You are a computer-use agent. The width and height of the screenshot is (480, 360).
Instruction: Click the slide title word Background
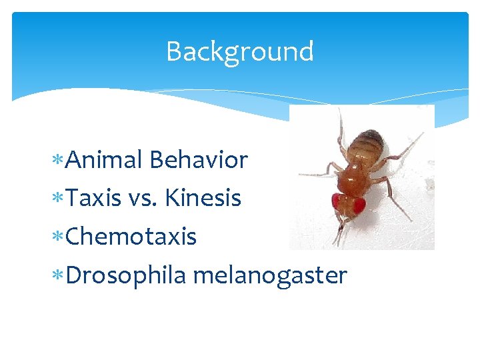coord(239,51)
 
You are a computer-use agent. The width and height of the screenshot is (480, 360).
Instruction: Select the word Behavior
coord(199,160)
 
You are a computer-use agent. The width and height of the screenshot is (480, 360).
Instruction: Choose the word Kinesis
coord(203,198)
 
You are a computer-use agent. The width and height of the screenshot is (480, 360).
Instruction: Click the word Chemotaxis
coord(131,236)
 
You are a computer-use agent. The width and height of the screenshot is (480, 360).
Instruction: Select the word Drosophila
coord(126,275)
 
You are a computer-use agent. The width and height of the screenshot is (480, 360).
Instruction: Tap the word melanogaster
coord(270,275)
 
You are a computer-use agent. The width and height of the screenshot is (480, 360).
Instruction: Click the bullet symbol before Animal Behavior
coord(62,161)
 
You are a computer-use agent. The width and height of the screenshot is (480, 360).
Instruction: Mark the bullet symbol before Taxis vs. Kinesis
coord(62,199)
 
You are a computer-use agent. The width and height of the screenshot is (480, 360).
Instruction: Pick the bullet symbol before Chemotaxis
coord(62,237)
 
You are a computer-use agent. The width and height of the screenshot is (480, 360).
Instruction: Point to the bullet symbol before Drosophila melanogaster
coord(62,275)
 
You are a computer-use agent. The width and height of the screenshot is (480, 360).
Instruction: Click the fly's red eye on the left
coord(338,201)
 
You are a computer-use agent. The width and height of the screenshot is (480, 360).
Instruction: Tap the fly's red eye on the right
coord(359,205)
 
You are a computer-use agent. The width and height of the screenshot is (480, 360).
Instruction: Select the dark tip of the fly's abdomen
coord(375,138)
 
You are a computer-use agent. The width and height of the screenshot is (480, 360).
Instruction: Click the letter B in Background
coord(173,51)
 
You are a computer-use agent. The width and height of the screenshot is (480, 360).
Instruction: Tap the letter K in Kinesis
coord(173,198)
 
